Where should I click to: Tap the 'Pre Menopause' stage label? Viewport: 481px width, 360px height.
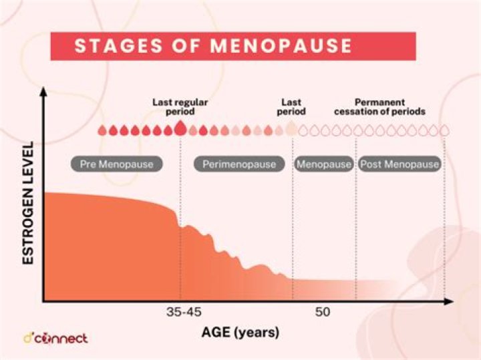tap(117, 164)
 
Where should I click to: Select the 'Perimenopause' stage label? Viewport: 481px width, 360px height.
tap(234, 164)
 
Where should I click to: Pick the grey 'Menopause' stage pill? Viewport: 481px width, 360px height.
tap(323, 164)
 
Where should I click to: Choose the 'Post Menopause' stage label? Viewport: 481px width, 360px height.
tap(399, 164)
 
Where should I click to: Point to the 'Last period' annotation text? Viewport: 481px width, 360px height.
tap(291, 108)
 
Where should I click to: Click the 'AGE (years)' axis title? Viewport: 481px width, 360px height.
tap(240, 332)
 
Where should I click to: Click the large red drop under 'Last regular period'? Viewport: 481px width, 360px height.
tap(180, 128)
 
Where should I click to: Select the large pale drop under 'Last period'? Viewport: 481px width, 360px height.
tap(291, 128)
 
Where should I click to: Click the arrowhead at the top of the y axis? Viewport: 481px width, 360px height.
tap(44, 93)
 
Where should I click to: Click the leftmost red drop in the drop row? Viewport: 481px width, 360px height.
tap(102, 130)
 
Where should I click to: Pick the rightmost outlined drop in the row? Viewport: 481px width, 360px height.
tap(444, 130)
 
